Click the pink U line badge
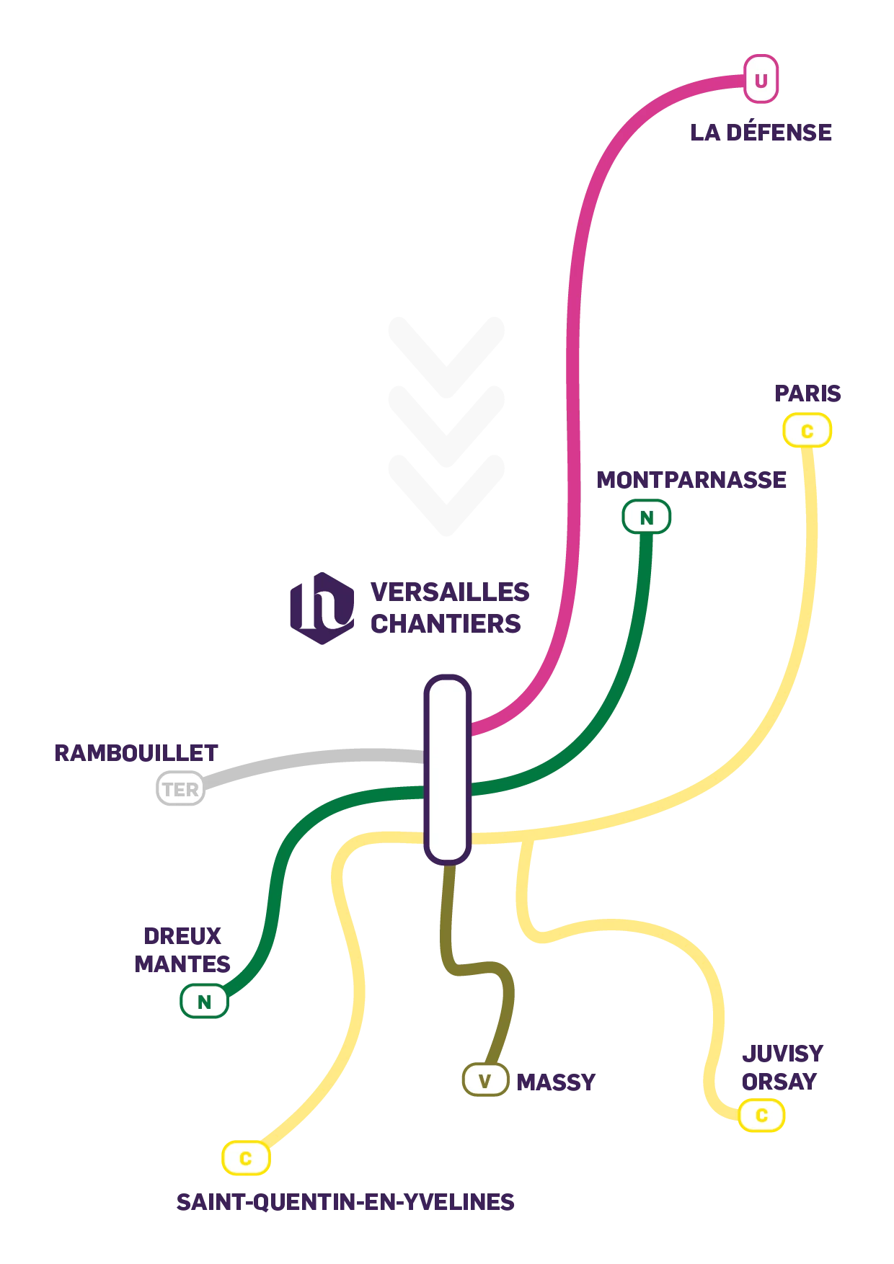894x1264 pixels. [x=761, y=79]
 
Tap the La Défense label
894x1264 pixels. [x=761, y=133]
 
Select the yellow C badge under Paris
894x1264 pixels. [x=807, y=431]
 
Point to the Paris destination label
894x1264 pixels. [x=807, y=393]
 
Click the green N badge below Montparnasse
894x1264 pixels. [x=646, y=517]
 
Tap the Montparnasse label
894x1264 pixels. [x=691, y=479]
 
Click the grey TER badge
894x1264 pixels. [x=180, y=789]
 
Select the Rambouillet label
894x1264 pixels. [x=135, y=752]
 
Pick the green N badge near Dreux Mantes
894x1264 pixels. [x=204, y=1002]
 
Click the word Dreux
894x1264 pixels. [x=185, y=935]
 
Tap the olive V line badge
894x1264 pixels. [x=484, y=1081]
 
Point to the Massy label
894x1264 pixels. [x=556, y=1083]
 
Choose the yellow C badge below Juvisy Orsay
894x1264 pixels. [x=761, y=1115]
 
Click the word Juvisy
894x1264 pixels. [x=782, y=1056]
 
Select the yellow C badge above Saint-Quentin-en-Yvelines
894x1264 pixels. [x=245, y=1158]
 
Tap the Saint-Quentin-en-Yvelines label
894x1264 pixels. [x=346, y=1202]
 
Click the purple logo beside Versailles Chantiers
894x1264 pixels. [x=323, y=607]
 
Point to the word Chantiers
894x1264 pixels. [x=446, y=623]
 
